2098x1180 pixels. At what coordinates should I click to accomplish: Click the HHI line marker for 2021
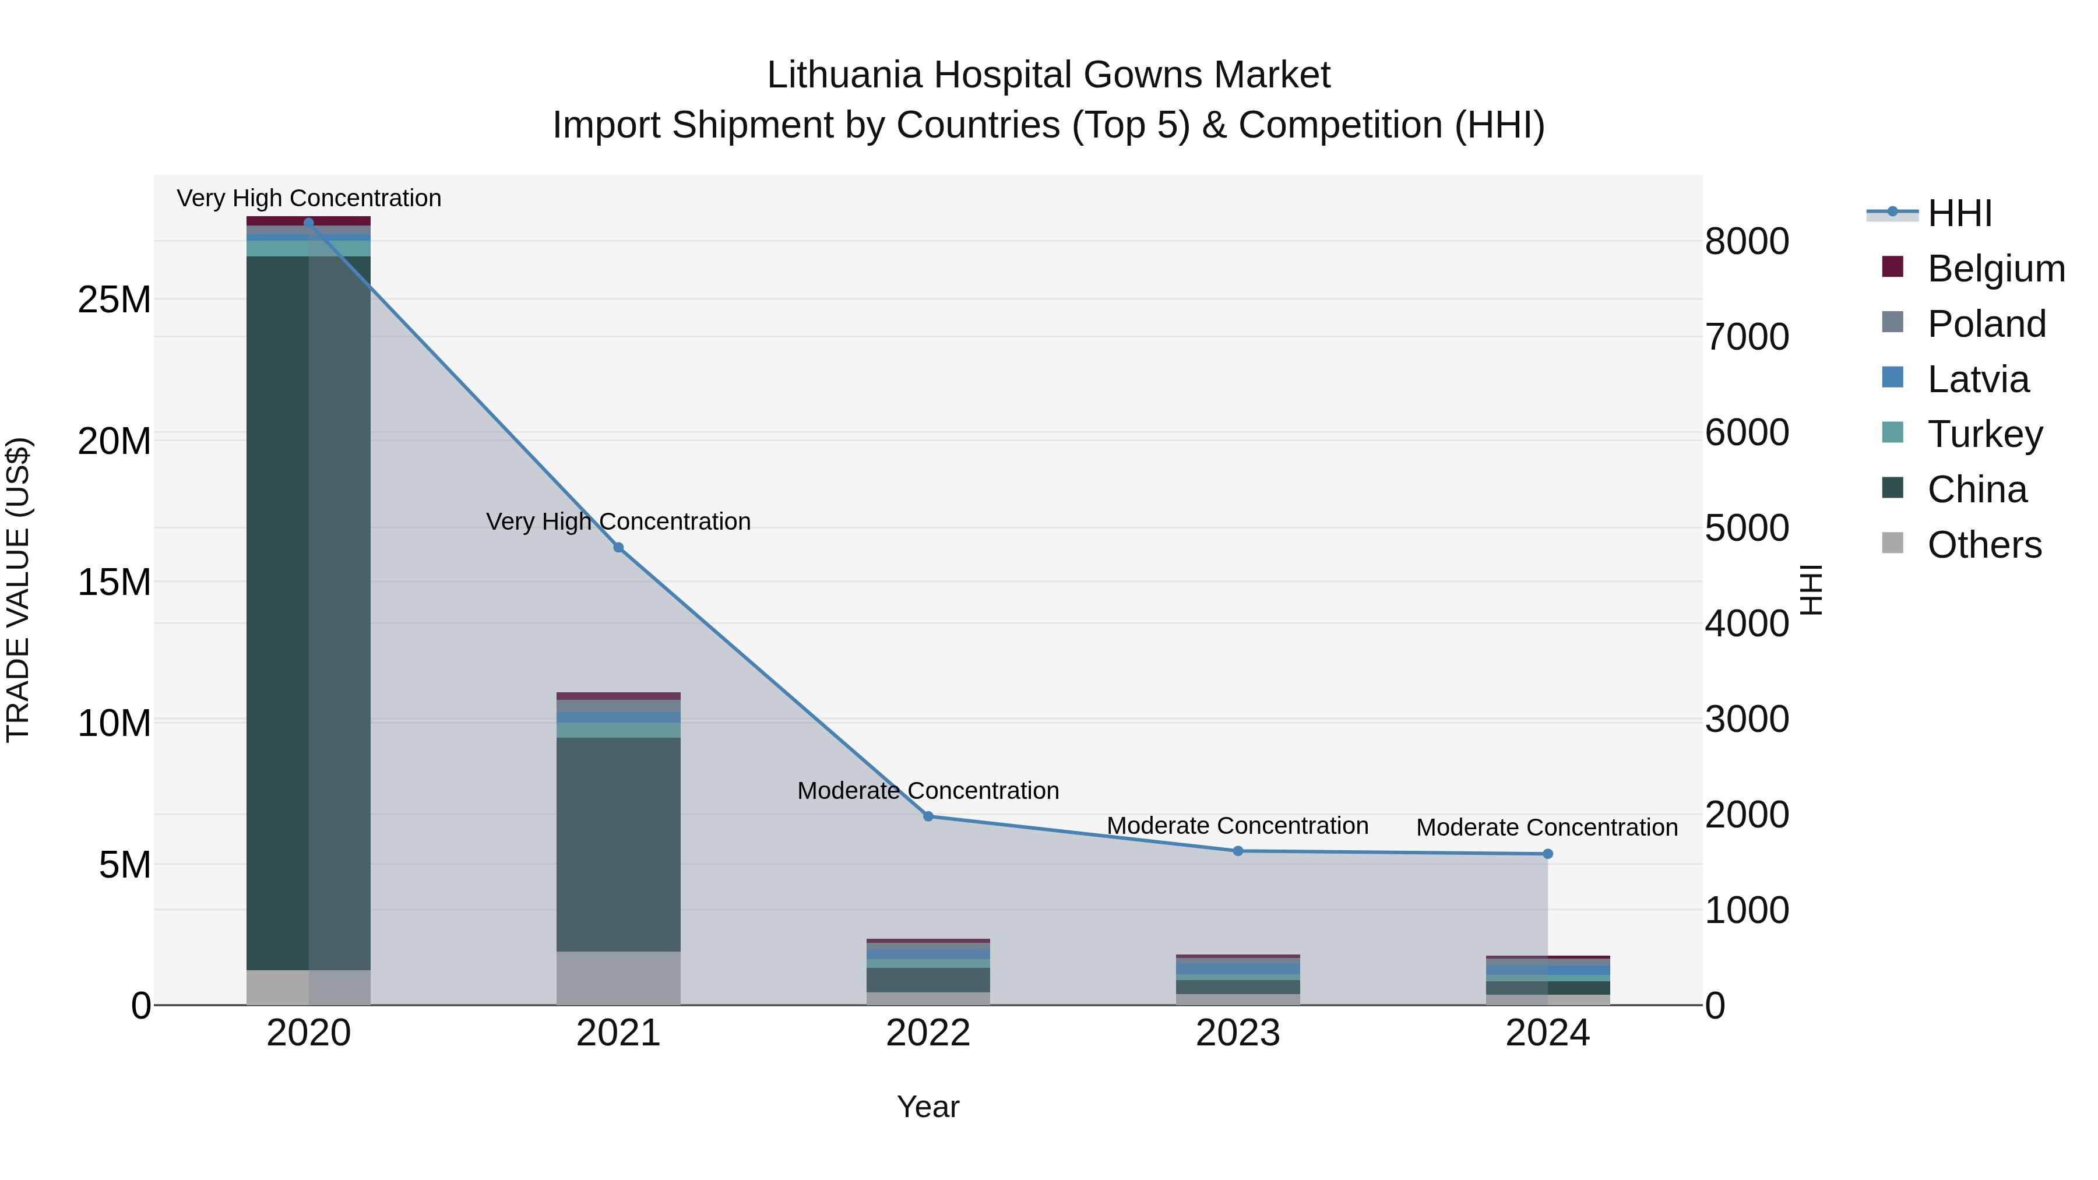click(618, 547)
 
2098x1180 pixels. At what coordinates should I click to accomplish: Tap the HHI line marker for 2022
click(928, 816)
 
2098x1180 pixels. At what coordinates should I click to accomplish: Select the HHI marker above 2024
click(1547, 854)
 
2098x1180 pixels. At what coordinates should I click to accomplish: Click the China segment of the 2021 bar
click(618, 844)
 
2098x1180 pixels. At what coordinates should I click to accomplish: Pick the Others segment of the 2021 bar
click(618, 977)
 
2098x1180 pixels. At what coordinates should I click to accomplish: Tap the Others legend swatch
click(1893, 543)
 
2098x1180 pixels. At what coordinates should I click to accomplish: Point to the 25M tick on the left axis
click(114, 300)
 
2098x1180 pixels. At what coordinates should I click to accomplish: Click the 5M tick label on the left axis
click(125, 865)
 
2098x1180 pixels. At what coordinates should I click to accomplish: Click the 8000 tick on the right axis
click(1747, 242)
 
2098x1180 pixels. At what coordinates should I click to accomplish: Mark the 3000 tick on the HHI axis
click(1747, 720)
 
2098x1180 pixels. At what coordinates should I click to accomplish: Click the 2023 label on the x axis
click(1237, 1033)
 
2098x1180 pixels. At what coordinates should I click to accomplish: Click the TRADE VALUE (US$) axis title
click(18, 590)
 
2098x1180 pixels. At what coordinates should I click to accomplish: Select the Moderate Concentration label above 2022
click(928, 791)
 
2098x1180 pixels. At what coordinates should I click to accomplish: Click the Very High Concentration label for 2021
click(618, 521)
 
